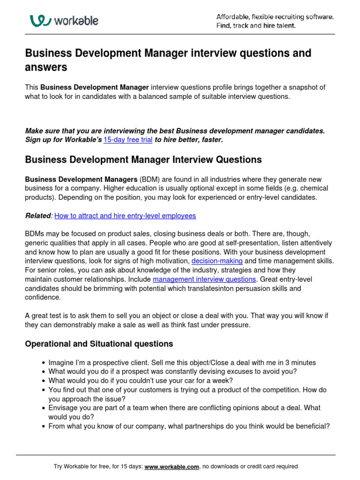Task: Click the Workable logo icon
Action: coord(39,21)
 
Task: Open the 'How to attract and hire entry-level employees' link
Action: coord(125,216)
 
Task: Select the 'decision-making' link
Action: coord(217,261)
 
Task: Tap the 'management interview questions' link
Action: coord(204,279)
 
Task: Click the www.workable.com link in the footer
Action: coord(172,466)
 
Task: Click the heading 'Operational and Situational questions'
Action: coord(98,344)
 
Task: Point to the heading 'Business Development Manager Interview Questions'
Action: coord(143,159)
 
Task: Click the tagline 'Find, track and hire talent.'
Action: coord(255,26)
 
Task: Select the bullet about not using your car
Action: coord(140,380)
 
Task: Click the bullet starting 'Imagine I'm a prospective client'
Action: coord(182,362)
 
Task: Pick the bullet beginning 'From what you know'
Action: coord(189,426)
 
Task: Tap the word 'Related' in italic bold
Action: coord(38,216)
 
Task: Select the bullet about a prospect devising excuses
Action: coord(172,371)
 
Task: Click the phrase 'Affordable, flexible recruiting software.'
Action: coord(275,17)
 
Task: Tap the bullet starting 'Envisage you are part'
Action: coord(184,408)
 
